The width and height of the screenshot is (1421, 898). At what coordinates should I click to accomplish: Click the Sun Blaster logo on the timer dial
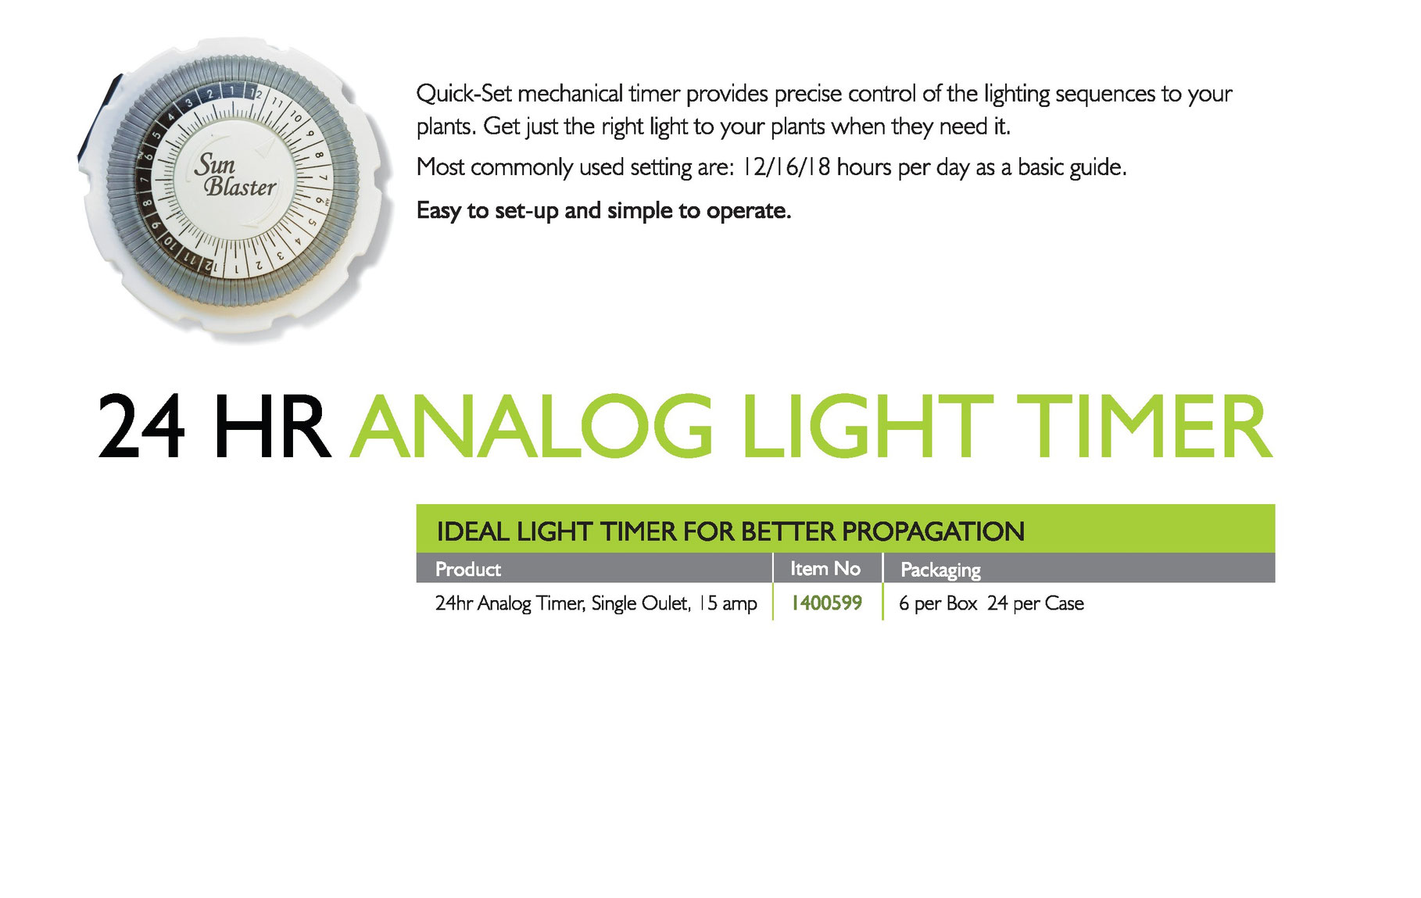pos(234,175)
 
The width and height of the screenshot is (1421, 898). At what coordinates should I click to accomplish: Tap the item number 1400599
pos(826,603)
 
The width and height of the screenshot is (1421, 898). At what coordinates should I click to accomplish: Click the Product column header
pos(467,569)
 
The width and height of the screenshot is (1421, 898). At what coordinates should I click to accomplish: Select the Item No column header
pos(825,568)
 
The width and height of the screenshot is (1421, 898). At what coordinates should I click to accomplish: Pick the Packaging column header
pos(940,570)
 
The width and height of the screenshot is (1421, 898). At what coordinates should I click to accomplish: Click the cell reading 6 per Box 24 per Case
pos(991,603)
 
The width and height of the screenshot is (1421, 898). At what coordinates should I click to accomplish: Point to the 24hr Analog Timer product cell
pos(596,603)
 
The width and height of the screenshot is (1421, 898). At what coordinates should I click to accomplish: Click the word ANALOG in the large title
pos(532,427)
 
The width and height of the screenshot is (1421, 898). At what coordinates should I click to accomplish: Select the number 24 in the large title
pos(141,427)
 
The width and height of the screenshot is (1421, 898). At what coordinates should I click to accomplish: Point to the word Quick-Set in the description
pos(464,94)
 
